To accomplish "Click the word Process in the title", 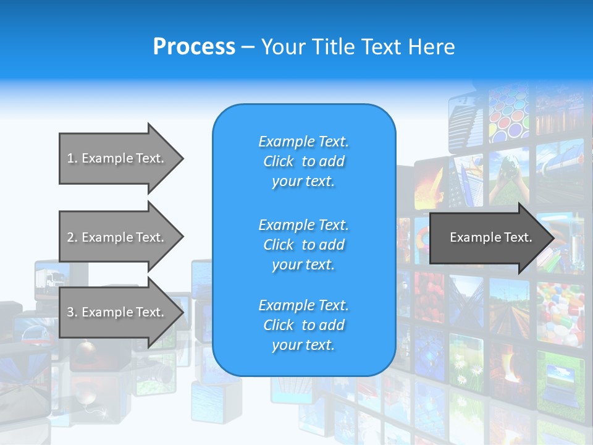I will point(194,46).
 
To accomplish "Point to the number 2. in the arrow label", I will point(72,237).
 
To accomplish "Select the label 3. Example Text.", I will point(116,312).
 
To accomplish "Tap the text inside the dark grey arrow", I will point(490,237).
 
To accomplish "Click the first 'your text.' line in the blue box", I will point(303,182).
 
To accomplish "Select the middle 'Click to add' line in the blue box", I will point(303,245).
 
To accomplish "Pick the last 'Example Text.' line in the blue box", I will point(303,305).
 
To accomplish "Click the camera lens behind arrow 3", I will point(162,373).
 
